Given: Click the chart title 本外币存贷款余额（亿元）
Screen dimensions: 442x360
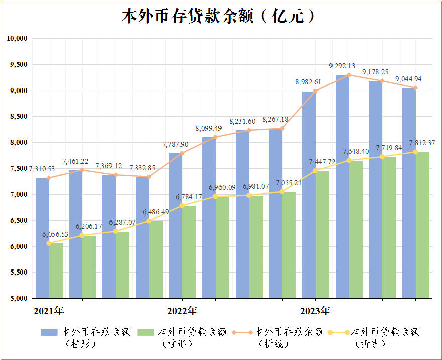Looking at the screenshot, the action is (218, 16).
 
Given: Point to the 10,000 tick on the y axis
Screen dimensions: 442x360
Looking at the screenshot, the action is (17, 38).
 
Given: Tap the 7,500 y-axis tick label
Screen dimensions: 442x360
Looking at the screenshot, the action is (19, 168).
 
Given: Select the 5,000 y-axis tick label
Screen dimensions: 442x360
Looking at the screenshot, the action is (19, 298).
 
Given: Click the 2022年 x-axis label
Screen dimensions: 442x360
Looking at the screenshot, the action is (182, 311).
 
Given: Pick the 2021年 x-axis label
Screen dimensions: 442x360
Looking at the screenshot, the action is (49, 311).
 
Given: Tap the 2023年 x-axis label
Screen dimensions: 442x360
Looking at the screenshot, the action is (315, 311).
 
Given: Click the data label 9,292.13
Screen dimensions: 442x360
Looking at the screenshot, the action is (342, 66).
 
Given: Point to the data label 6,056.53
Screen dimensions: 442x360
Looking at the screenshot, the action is (55, 234).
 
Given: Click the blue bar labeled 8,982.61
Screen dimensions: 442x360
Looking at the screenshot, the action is (309, 195).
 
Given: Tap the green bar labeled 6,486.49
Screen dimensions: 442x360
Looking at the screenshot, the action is (156, 259).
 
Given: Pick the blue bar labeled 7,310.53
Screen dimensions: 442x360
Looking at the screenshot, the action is (42, 238).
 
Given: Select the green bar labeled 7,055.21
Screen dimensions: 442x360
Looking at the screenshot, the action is (289, 245).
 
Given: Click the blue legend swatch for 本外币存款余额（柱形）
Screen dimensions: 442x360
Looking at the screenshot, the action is (49, 332).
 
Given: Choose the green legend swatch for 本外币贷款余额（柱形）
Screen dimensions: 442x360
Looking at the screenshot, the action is (146, 332).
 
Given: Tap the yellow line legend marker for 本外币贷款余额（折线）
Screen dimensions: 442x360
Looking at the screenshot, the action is (339, 333).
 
